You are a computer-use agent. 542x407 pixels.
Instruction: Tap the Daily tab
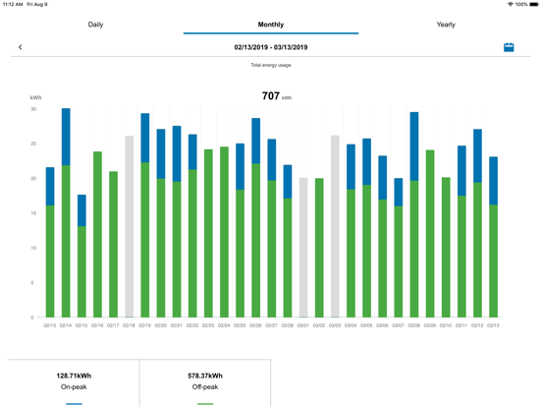tap(95, 25)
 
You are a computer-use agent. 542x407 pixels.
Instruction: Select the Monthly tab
tap(271, 25)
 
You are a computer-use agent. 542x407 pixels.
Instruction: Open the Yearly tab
tap(446, 25)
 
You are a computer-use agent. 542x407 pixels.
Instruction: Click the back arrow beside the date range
tap(21, 47)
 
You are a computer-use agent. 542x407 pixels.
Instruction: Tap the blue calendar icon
tap(509, 47)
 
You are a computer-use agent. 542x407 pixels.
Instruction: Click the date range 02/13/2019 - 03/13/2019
tap(271, 47)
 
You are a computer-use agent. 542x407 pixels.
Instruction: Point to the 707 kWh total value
tap(271, 96)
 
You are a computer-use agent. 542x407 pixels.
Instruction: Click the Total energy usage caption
tap(271, 65)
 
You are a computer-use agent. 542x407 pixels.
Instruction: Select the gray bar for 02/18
tap(129, 226)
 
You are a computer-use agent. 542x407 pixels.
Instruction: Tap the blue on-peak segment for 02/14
tap(66, 137)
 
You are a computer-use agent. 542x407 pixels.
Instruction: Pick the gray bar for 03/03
tap(335, 226)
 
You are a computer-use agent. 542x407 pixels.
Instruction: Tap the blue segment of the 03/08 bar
tap(414, 146)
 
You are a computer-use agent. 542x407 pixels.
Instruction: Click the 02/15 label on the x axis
tap(81, 325)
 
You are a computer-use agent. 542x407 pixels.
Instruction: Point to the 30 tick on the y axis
tap(33, 109)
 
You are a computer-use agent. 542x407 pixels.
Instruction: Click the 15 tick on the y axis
tap(33, 213)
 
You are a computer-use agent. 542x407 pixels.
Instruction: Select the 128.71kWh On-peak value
tap(74, 376)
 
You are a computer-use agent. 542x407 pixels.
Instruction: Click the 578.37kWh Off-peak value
tap(205, 376)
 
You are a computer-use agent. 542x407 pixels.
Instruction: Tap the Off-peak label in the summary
tap(205, 387)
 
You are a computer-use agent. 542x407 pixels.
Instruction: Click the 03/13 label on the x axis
tap(493, 325)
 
